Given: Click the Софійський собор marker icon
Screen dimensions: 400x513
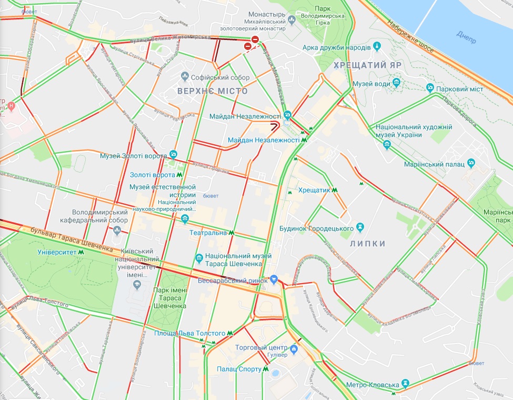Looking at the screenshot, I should [185, 77].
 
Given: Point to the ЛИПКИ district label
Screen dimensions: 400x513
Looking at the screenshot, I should [368, 243].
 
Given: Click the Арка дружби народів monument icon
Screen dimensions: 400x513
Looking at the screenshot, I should [377, 48].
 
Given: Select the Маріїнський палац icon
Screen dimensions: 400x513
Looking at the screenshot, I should [471, 163].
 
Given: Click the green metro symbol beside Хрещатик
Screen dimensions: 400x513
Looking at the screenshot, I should [335, 190].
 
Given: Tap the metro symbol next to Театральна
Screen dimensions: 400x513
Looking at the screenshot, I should [232, 232].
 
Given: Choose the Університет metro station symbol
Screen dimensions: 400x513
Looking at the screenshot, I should [81, 252].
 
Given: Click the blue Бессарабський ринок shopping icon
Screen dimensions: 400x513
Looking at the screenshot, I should [273, 279].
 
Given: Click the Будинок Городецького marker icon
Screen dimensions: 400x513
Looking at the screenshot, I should [360, 227].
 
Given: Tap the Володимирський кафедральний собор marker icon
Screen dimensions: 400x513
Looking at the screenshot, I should [117, 229].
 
